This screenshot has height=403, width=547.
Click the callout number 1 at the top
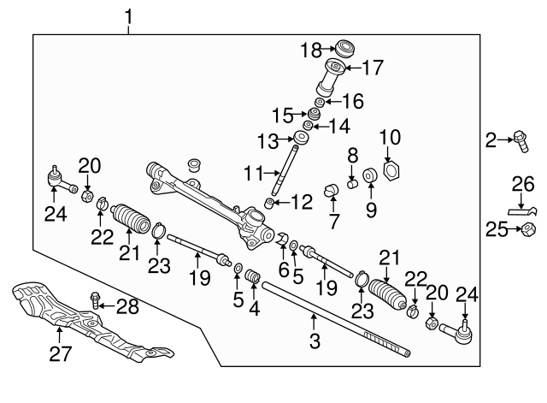[129, 17]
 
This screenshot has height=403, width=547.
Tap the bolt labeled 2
[521, 141]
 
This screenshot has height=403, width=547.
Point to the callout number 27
[61, 353]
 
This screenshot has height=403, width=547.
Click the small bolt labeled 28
[95, 300]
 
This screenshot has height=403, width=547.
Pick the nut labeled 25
[528, 230]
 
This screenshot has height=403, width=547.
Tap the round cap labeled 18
[344, 49]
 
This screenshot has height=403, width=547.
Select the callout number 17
[373, 68]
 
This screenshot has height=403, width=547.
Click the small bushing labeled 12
[269, 203]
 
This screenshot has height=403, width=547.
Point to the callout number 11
[253, 173]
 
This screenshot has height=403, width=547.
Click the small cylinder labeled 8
[353, 183]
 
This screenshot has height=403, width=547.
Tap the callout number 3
[315, 341]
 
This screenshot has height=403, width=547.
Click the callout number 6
[284, 270]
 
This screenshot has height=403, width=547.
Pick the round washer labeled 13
[300, 137]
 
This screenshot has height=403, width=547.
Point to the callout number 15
[283, 116]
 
